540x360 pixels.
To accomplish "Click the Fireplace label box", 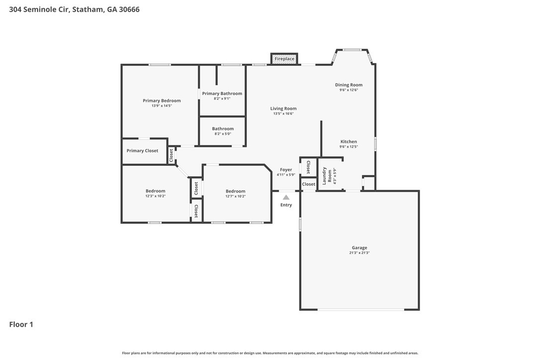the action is pyautogui.click(x=284, y=59).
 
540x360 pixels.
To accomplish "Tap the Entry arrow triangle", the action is pyautogui.click(x=286, y=197).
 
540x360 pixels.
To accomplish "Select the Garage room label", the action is pyautogui.click(x=359, y=248).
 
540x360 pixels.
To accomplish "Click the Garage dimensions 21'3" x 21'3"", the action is pyautogui.click(x=359, y=253).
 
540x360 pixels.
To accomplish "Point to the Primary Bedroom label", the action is pyautogui.click(x=162, y=100).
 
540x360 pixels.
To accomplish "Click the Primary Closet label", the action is pyautogui.click(x=142, y=151).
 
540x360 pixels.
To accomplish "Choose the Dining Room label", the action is pyautogui.click(x=349, y=85).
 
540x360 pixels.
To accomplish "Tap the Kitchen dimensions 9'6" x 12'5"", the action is pyautogui.click(x=349, y=147).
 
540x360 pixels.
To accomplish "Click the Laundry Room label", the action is pyautogui.click(x=327, y=176).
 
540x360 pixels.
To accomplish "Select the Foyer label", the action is pyautogui.click(x=286, y=170).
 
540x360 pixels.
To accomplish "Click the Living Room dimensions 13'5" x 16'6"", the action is pyautogui.click(x=283, y=114).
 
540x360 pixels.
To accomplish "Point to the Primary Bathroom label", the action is pyautogui.click(x=222, y=93).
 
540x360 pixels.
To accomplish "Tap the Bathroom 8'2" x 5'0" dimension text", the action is pyautogui.click(x=222, y=134).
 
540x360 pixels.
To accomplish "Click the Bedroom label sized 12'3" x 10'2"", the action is pyautogui.click(x=155, y=191).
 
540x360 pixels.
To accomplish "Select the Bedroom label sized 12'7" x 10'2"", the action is pyautogui.click(x=236, y=191).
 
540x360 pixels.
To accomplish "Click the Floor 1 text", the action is pyautogui.click(x=21, y=324).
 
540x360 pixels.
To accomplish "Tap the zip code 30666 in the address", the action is pyautogui.click(x=129, y=9).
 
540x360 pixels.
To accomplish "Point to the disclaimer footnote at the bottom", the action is pyautogui.click(x=270, y=353).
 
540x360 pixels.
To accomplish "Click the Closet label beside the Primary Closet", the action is pyautogui.click(x=171, y=155).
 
